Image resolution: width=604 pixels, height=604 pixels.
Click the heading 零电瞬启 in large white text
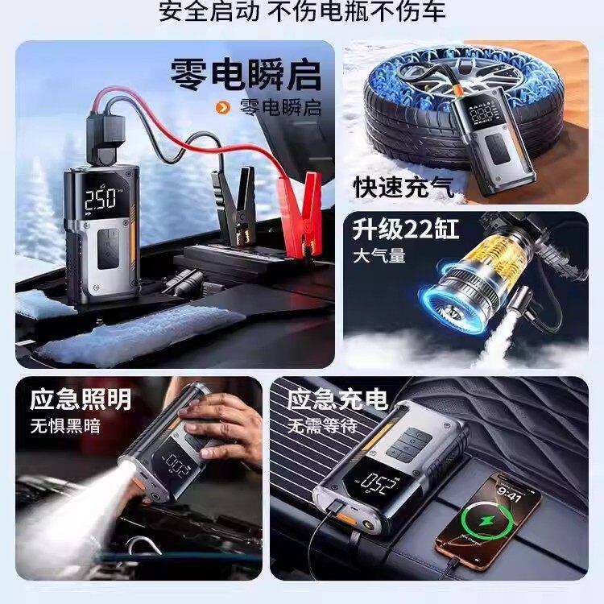(x=245, y=74)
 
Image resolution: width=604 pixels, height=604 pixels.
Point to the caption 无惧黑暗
(x=66, y=424)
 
